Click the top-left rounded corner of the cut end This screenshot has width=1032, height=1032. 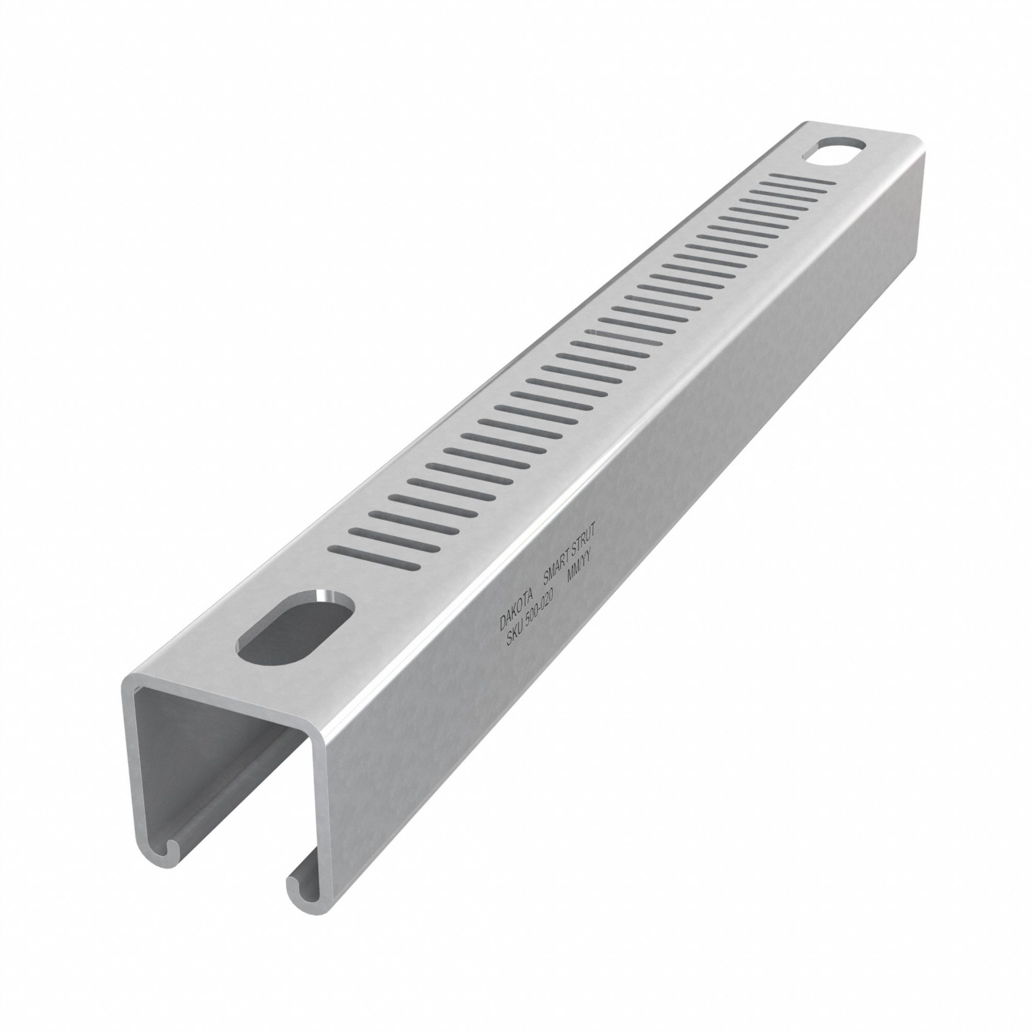click(x=130, y=683)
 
